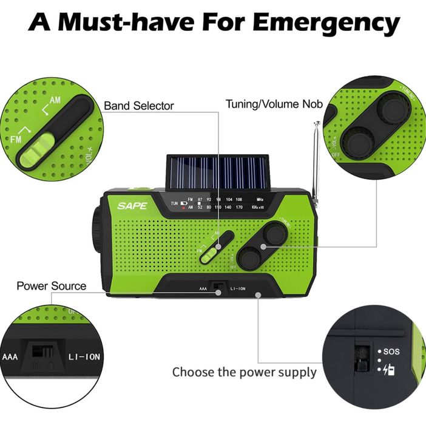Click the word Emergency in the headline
point(326,22)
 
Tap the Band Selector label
point(139,106)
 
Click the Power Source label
point(51,285)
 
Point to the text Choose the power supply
point(244,372)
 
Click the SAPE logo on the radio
point(132,206)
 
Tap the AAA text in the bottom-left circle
point(10,357)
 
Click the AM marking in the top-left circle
point(55,100)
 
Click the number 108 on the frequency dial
point(238,199)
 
